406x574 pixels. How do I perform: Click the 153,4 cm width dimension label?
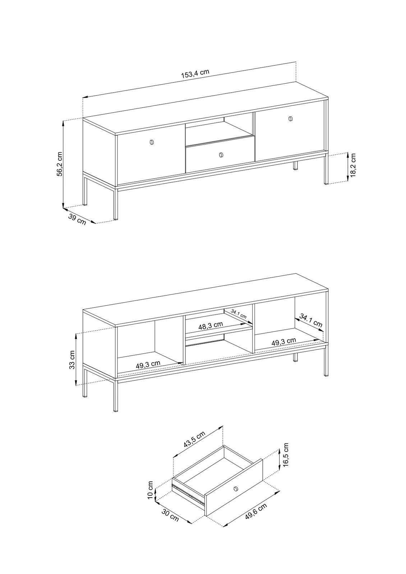(195, 74)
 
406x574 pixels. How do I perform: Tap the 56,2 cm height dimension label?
(59, 164)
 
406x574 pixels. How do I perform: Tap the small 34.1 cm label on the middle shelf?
(239, 314)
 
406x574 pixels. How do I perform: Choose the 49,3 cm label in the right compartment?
(284, 342)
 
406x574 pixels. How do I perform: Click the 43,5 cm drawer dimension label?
(194, 439)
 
